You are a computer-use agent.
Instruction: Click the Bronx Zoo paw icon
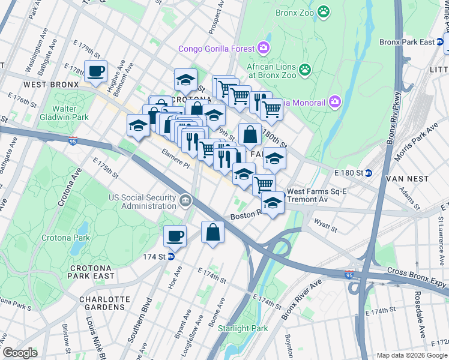[324, 11]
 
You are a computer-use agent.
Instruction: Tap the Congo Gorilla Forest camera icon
[263, 48]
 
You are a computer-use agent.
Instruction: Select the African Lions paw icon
[306, 70]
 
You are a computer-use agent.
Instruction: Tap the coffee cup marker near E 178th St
[96, 71]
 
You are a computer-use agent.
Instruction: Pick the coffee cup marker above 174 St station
[175, 235]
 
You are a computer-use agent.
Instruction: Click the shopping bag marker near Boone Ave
[212, 232]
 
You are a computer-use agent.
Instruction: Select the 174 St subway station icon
[171, 256]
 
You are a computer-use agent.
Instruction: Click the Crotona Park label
[65, 238]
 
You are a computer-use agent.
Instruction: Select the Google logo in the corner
[20, 352]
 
